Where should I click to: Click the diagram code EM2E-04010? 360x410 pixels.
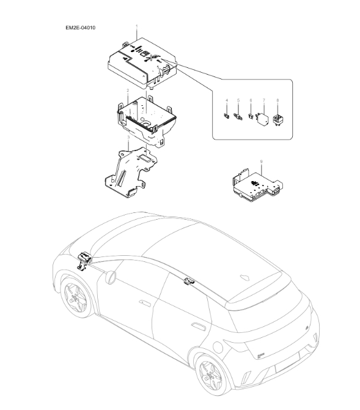tap(84, 28)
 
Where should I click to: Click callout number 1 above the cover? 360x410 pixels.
tap(137, 26)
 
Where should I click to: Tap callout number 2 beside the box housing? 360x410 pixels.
tap(127, 90)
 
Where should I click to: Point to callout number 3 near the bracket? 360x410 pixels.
tap(128, 138)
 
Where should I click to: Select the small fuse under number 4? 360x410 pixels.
tap(227, 114)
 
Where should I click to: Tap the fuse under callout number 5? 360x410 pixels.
tap(238, 114)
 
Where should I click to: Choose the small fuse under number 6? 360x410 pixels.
tap(251, 114)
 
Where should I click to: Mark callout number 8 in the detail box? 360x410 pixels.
tap(277, 100)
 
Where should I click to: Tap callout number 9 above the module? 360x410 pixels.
tap(261, 161)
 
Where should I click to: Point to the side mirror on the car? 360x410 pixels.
tap(111, 277)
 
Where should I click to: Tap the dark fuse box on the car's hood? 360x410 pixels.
tap(83, 261)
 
